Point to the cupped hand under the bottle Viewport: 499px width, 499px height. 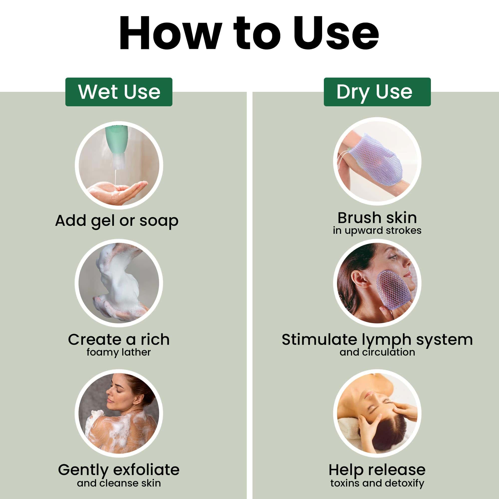point(118,192)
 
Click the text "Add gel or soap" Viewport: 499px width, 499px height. point(117,221)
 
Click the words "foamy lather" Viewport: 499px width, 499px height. point(119,352)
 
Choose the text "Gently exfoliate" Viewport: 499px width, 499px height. point(119,470)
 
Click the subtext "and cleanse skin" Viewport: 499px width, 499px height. point(119,483)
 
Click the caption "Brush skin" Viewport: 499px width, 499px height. point(377,218)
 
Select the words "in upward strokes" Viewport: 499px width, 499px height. point(377,230)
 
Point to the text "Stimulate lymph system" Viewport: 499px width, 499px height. point(377,340)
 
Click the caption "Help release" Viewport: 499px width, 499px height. point(377,470)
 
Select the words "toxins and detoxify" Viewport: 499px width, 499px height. point(377,483)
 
